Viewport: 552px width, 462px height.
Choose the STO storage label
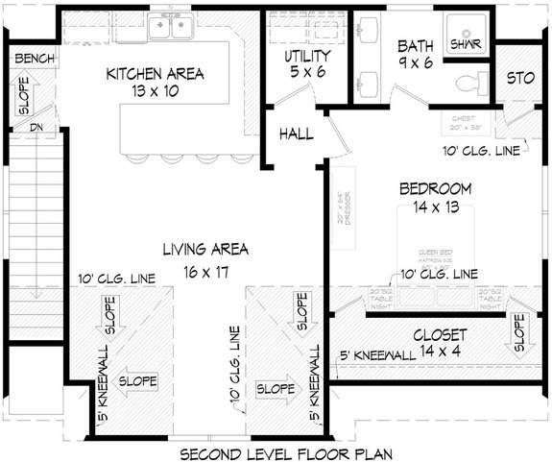519,76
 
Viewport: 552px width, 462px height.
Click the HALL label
297,134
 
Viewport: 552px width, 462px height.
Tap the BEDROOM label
435,188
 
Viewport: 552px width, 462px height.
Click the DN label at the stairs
36,126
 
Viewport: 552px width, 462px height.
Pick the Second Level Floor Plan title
276,451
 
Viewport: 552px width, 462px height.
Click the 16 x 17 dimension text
205,272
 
